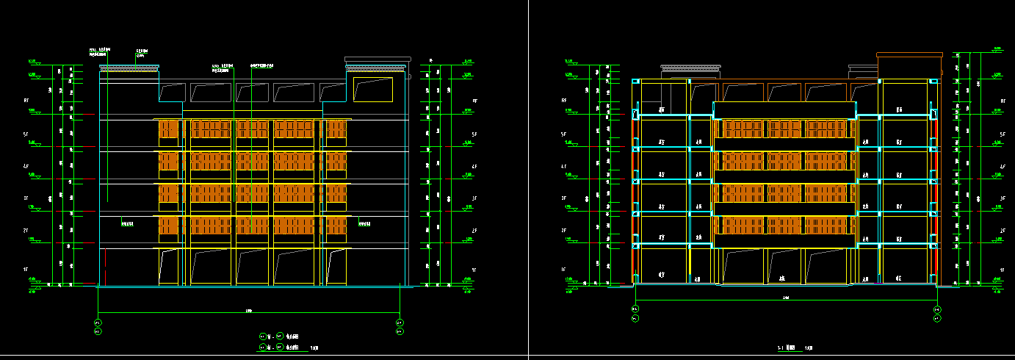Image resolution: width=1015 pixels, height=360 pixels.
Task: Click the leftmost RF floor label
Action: click(x=26, y=101)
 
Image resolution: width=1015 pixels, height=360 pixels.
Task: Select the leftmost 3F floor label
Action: click(x=26, y=198)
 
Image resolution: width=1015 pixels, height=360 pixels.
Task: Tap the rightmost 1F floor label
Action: click(x=1002, y=270)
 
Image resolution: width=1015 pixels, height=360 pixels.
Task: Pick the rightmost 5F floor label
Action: click(x=1002, y=134)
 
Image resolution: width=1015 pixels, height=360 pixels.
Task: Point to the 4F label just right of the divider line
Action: click(x=564, y=167)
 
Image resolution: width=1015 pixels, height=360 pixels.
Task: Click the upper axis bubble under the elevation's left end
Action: click(x=98, y=323)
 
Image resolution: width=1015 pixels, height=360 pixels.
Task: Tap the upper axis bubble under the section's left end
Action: click(x=635, y=310)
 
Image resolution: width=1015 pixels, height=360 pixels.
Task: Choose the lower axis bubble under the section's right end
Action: click(x=937, y=319)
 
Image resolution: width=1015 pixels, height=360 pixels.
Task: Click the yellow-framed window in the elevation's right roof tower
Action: click(x=372, y=90)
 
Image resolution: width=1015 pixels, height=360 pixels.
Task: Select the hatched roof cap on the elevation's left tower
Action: click(x=129, y=68)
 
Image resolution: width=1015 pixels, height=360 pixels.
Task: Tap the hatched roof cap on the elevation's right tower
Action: click(x=376, y=68)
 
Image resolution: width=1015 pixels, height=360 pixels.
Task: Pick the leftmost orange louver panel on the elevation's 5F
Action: click(x=170, y=129)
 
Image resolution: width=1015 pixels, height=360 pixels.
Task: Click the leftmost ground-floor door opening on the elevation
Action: click(x=170, y=267)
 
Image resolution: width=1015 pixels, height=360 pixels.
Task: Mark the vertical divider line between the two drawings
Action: click(x=528, y=180)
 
